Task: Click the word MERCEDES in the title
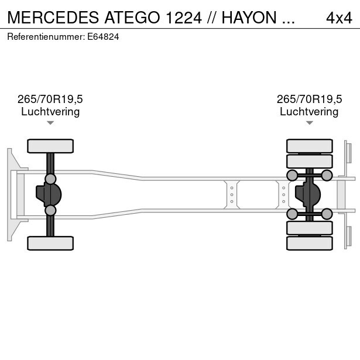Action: pos(53,18)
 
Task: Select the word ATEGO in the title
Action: pos(132,18)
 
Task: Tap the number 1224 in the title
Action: pos(184,18)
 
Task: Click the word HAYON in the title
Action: pos(249,18)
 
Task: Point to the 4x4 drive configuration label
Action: pos(339,18)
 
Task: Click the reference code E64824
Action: pos(103,37)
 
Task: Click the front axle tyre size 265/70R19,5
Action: pos(50,99)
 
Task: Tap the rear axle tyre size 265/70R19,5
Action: pos(309,99)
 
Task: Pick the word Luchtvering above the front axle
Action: pos(50,112)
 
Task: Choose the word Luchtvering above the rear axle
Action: pos(309,112)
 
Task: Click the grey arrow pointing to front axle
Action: pos(50,123)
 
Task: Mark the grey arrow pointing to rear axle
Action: pos(310,123)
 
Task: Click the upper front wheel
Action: pos(50,146)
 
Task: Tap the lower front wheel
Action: pos(50,243)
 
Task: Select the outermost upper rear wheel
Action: pos(310,146)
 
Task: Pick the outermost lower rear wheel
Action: pos(310,243)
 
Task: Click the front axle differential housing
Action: pos(49,195)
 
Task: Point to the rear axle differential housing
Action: pos(308,195)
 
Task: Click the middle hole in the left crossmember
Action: pos(232,195)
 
